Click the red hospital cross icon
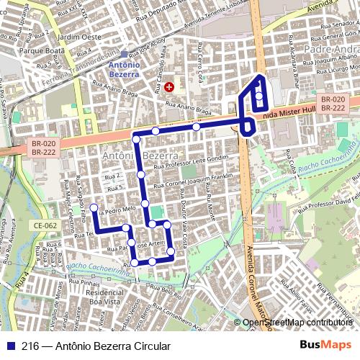click(x=169, y=86)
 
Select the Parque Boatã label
click(x=42, y=51)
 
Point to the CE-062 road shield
click(x=44, y=225)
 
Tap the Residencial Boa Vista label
click(x=103, y=298)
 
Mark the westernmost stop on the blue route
click(x=93, y=208)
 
